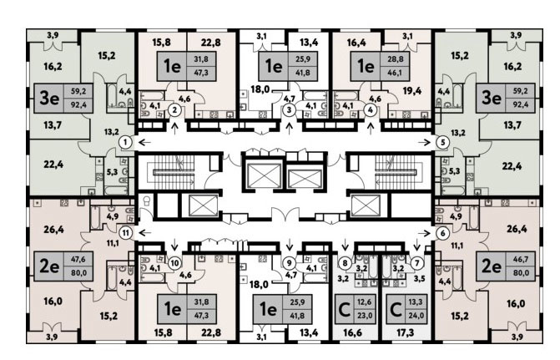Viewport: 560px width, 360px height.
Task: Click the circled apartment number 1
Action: click(125, 143)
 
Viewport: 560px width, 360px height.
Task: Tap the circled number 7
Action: click(416, 263)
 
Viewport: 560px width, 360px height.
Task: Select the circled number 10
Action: click(174, 263)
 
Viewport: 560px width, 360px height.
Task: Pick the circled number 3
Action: click(290, 109)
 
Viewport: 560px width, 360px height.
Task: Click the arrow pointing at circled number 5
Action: click(425, 143)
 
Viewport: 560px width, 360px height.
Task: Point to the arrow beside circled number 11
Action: click(144, 233)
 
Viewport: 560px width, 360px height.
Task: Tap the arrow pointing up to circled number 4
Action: click(371, 129)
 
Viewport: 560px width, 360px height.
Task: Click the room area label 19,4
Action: click(411, 91)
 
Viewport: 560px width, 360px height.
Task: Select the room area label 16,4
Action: click(356, 43)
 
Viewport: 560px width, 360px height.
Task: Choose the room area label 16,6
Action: click(352, 332)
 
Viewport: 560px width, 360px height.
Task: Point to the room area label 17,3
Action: click(406, 332)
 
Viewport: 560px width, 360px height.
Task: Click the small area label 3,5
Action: click(419, 278)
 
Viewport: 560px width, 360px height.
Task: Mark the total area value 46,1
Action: click(396, 73)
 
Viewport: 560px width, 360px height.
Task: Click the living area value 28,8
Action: click(396, 59)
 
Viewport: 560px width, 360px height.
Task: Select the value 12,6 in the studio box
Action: click(364, 302)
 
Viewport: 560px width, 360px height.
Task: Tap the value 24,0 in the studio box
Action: click(415, 316)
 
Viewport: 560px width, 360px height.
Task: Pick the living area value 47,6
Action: click(78, 259)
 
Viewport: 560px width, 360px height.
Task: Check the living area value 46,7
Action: click(520, 259)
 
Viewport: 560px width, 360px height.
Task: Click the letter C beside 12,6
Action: click(344, 310)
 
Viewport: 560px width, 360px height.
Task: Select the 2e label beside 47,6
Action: click(49, 266)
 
